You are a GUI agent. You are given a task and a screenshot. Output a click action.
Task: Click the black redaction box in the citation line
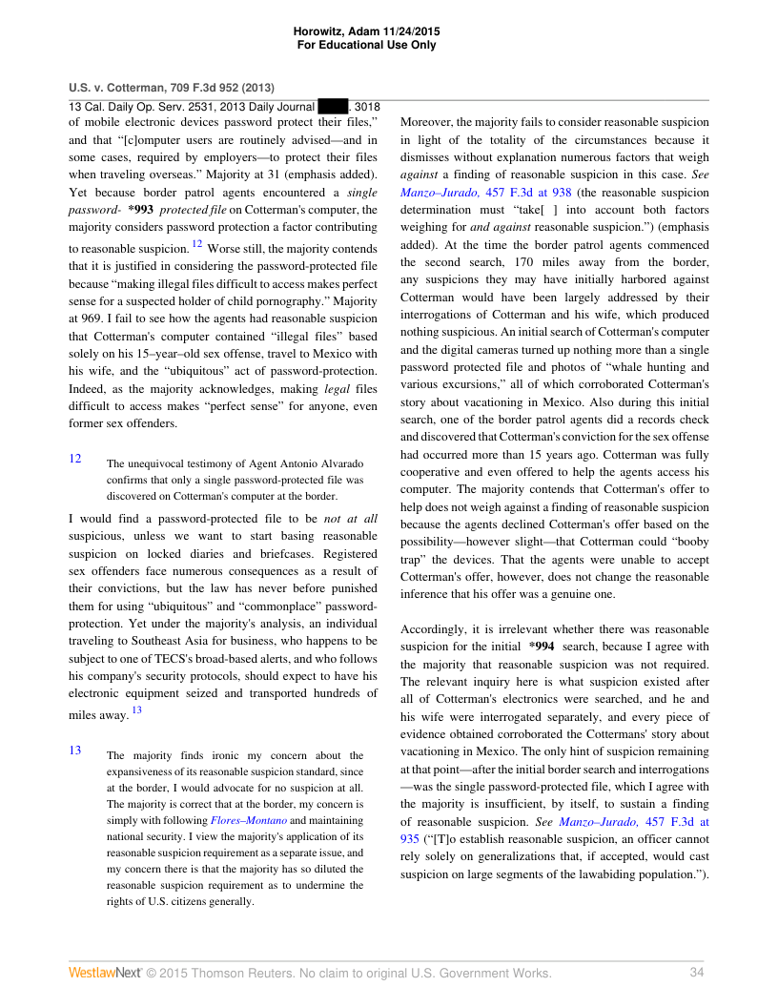[333, 107]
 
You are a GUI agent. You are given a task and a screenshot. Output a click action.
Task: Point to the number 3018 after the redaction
[367, 107]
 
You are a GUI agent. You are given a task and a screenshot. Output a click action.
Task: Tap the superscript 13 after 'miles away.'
[136, 709]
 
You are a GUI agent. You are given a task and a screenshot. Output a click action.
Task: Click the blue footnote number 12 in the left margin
[75, 458]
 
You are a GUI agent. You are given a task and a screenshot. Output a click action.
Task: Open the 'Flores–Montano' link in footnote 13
[248, 820]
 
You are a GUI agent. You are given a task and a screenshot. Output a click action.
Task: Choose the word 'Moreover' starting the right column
[429, 123]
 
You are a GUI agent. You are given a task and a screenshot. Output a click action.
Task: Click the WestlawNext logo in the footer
[104, 973]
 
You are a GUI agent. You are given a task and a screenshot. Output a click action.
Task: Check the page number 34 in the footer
[696, 973]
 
